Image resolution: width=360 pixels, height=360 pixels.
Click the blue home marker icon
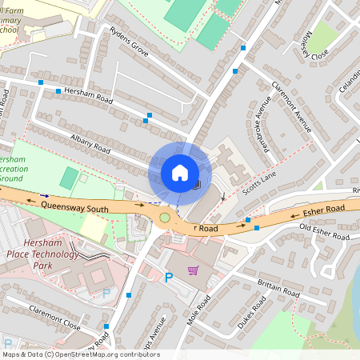point(180,172)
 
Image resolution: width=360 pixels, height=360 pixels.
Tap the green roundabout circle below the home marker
point(166,217)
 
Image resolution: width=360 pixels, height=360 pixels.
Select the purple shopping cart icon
point(193,270)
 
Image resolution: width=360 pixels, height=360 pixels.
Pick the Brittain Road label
point(278,289)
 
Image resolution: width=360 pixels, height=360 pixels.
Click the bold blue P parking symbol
point(168,278)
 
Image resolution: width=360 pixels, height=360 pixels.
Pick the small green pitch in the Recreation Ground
point(70,178)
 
